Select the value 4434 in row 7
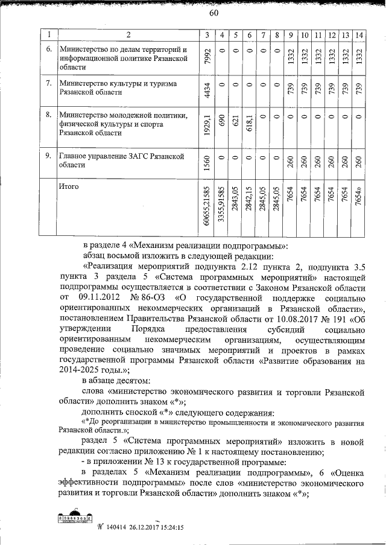207,90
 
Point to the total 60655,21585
207,208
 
